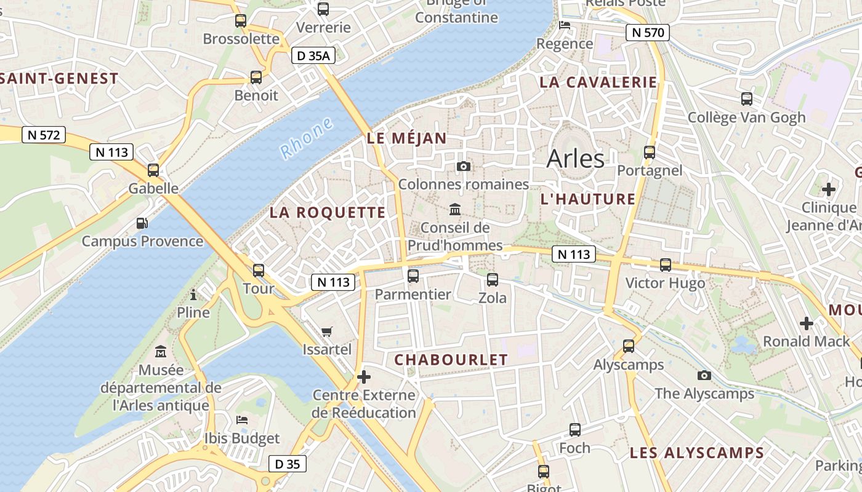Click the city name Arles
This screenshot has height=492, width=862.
(x=576, y=159)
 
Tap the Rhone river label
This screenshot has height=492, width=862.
(x=306, y=138)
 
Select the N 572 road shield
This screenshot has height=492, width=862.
(x=44, y=135)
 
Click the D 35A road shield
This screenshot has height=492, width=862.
(x=313, y=56)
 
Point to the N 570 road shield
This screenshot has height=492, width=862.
(x=647, y=33)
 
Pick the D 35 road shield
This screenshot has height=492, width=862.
(x=287, y=464)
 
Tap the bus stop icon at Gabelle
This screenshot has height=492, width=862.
(x=153, y=170)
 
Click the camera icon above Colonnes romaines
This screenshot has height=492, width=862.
(x=464, y=167)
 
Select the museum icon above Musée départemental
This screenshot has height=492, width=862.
(x=161, y=352)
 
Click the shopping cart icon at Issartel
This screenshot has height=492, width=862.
(x=327, y=331)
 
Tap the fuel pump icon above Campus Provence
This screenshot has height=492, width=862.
(x=142, y=223)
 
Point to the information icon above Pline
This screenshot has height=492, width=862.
(x=193, y=295)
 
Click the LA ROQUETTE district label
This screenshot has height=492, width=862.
(x=328, y=213)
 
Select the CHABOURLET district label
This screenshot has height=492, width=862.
(x=451, y=360)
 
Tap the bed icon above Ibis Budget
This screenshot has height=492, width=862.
(x=242, y=420)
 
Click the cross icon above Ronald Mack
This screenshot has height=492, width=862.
(x=806, y=323)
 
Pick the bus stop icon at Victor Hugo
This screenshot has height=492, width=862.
(x=666, y=265)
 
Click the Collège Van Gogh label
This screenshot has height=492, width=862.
(x=746, y=117)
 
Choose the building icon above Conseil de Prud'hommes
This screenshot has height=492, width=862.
(x=455, y=210)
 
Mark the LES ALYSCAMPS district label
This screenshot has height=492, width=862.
(x=696, y=453)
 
